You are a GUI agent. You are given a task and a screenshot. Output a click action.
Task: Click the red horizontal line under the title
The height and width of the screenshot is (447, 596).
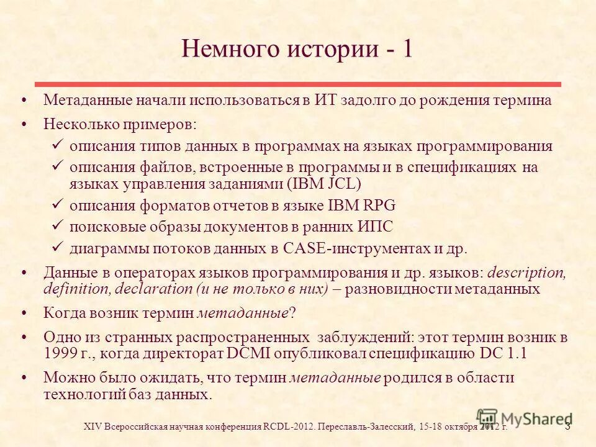point(297,84)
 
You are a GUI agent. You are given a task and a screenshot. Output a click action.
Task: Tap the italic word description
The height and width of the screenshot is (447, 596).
point(527,273)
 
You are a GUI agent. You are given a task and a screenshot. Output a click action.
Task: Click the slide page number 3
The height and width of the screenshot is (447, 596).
point(567,425)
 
